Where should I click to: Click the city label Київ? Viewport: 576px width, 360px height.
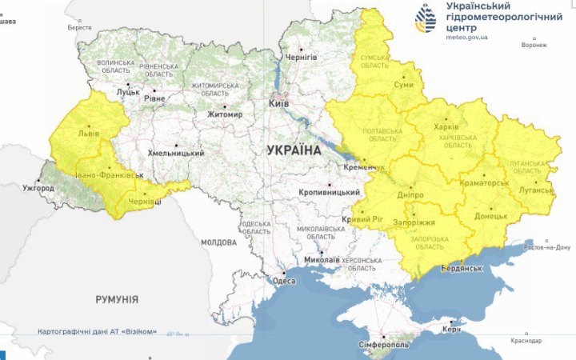coord(278,104)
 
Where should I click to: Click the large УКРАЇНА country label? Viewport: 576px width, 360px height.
coord(294,150)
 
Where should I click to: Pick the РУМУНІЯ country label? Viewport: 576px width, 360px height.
coord(117,299)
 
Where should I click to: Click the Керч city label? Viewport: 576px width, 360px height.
coord(452,330)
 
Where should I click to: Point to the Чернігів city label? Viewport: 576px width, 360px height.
coord(302,58)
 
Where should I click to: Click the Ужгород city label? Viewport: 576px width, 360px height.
coord(38,188)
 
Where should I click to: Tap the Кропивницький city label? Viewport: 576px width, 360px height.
coord(329,193)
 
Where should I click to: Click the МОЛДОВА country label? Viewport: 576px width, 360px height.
coord(218,242)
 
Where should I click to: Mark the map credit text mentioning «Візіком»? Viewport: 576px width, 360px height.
coord(97,331)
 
